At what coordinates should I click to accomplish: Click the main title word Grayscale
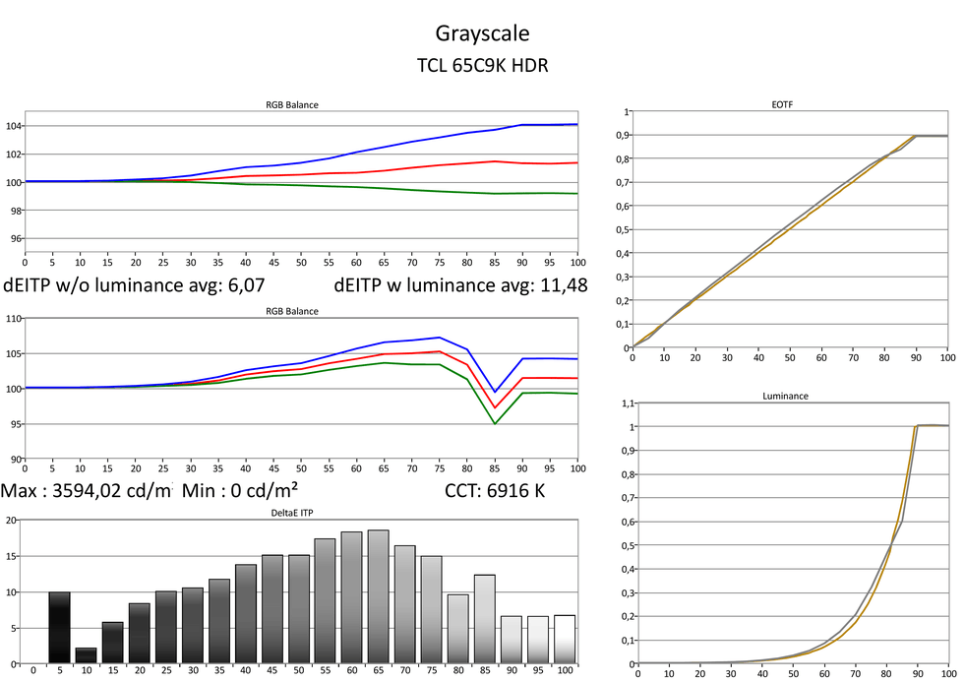click(x=482, y=34)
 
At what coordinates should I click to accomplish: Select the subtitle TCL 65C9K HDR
click(x=482, y=66)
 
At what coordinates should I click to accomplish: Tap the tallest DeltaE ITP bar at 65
click(x=379, y=596)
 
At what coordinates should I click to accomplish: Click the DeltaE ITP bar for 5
click(x=60, y=627)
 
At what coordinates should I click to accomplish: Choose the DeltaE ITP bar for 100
click(x=564, y=639)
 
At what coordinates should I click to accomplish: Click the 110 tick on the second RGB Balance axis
click(x=13, y=318)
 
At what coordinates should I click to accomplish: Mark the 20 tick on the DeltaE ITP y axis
click(x=13, y=521)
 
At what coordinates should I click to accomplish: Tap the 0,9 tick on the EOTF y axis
click(x=623, y=135)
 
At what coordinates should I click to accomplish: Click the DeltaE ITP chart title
click(x=300, y=513)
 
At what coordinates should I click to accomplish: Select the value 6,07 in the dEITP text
click(x=242, y=286)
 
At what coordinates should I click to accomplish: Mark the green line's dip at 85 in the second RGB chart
click(x=495, y=424)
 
